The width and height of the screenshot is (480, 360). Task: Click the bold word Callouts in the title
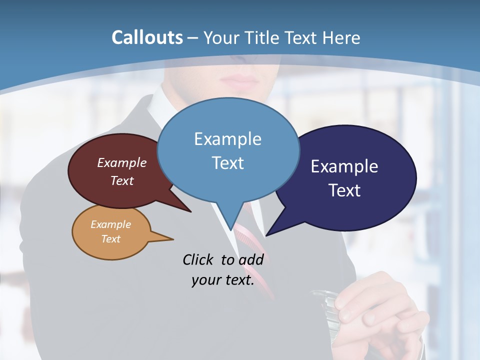[147, 37]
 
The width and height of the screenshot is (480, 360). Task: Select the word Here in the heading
[341, 37]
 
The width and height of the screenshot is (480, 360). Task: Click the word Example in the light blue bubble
[227, 139]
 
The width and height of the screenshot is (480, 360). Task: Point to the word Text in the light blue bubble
[227, 163]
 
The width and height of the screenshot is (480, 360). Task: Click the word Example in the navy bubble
[344, 166]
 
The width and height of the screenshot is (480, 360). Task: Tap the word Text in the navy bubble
[344, 190]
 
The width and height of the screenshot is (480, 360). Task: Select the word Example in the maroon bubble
[122, 162]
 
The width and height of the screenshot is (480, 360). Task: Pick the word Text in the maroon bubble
[122, 180]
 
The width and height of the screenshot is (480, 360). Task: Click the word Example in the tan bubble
[110, 224]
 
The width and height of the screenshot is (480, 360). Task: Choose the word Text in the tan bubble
[110, 239]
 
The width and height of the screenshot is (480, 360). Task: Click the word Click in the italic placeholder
[199, 259]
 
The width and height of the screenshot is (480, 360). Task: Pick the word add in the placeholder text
[250, 259]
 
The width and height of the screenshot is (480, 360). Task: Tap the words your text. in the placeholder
[222, 280]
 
